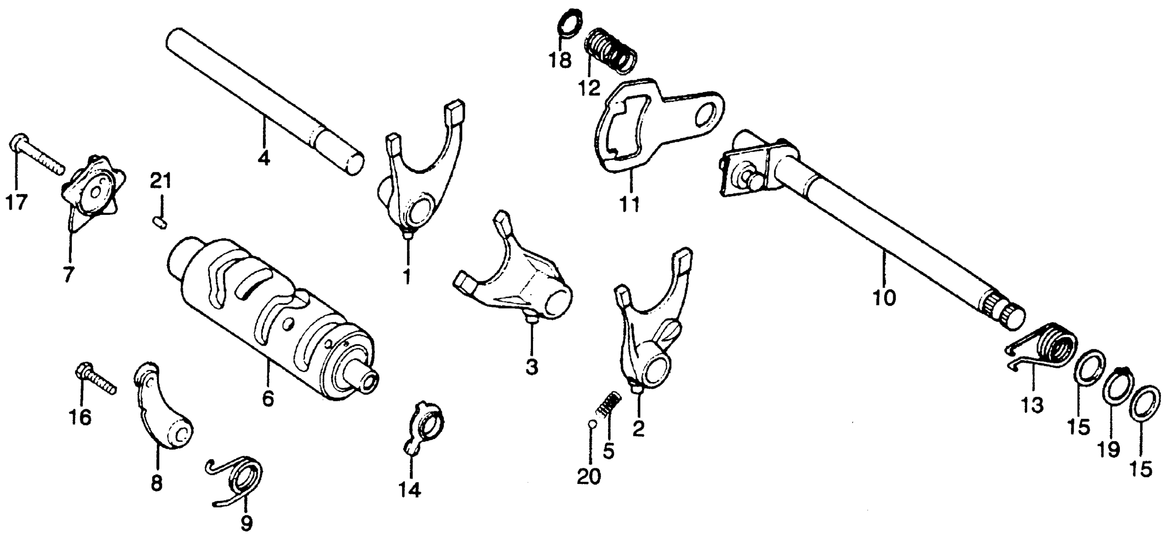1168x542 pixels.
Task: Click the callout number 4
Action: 264,159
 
